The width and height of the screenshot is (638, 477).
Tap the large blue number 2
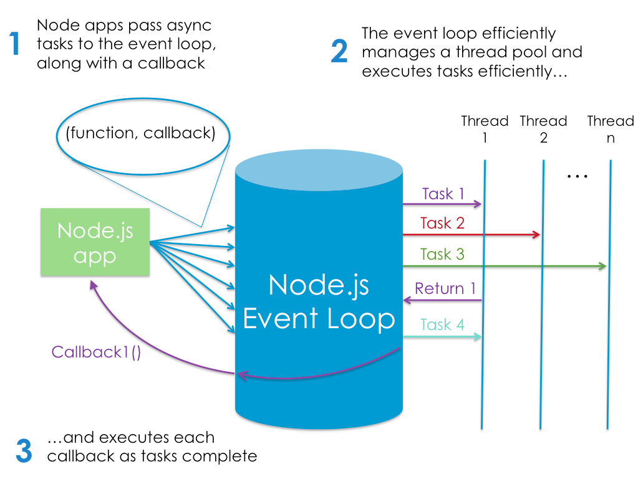point(339,51)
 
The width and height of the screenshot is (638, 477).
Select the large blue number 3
point(24,451)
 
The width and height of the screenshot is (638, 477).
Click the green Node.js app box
point(95,242)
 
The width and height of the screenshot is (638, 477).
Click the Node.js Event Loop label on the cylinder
point(319,302)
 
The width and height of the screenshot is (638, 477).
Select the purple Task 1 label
point(443,194)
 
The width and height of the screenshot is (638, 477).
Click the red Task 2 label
point(442,223)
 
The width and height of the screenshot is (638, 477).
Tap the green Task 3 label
point(442,254)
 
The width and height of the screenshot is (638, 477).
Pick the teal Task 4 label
point(442,324)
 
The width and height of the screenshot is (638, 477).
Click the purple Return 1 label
point(445,288)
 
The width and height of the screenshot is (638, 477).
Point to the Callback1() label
point(96,352)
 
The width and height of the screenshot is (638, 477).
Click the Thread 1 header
point(485,129)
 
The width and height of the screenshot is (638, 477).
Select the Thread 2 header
point(543,129)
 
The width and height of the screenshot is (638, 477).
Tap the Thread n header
point(611,129)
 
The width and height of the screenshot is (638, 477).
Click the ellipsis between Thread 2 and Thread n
point(578,177)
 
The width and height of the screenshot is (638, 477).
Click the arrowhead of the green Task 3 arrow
point(602,267)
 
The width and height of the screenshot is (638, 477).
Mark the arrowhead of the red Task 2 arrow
point(536,235)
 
